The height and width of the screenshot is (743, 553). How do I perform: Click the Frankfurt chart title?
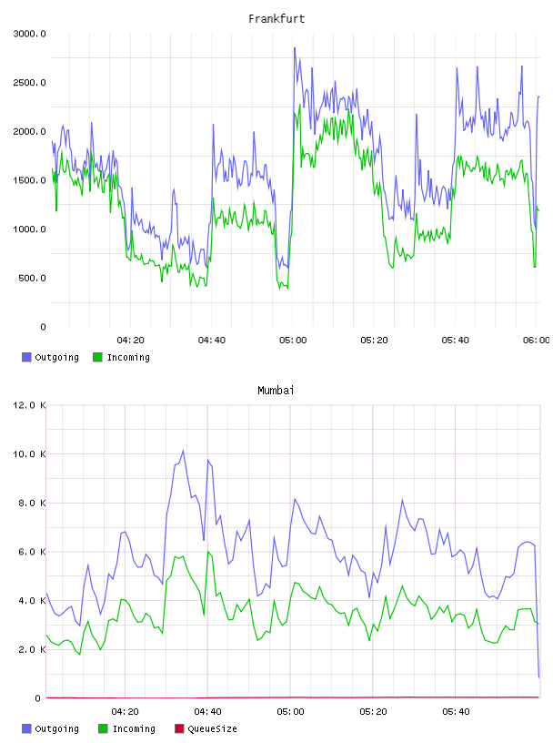pos(276,19)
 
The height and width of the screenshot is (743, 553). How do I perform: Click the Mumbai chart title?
pos(276,391)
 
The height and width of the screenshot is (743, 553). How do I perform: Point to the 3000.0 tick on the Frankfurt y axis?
pos(29,34)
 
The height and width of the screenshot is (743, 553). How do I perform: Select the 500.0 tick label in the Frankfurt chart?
pos(32,278)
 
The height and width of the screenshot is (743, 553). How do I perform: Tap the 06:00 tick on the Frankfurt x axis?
pos(537,341)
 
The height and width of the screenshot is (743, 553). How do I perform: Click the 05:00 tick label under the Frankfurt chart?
pos(293,341)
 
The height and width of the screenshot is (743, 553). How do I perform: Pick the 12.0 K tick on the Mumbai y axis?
pos(29,405)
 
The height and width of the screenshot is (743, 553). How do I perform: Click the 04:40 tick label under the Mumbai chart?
pos(208,712)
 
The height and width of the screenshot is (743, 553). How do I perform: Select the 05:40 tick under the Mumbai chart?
pos(456,712)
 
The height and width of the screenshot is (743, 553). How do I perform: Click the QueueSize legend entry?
pos(212,728)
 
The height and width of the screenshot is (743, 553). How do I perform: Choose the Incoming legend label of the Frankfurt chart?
pos(128,357)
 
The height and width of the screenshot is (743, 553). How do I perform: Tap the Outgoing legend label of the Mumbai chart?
pos(56,728)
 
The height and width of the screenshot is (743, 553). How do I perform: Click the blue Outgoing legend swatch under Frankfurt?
pos(26,357)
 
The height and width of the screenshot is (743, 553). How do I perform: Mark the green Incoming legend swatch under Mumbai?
pos(103,728)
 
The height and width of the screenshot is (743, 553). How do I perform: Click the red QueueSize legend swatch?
pos(179,728)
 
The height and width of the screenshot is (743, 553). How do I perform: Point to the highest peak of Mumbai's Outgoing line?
pos(183,451)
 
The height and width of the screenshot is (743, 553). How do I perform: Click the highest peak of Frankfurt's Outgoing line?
pos(295,48)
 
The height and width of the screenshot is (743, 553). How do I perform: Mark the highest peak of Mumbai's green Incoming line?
pos(208,552)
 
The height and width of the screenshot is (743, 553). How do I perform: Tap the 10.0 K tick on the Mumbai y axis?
pos(29,454)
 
